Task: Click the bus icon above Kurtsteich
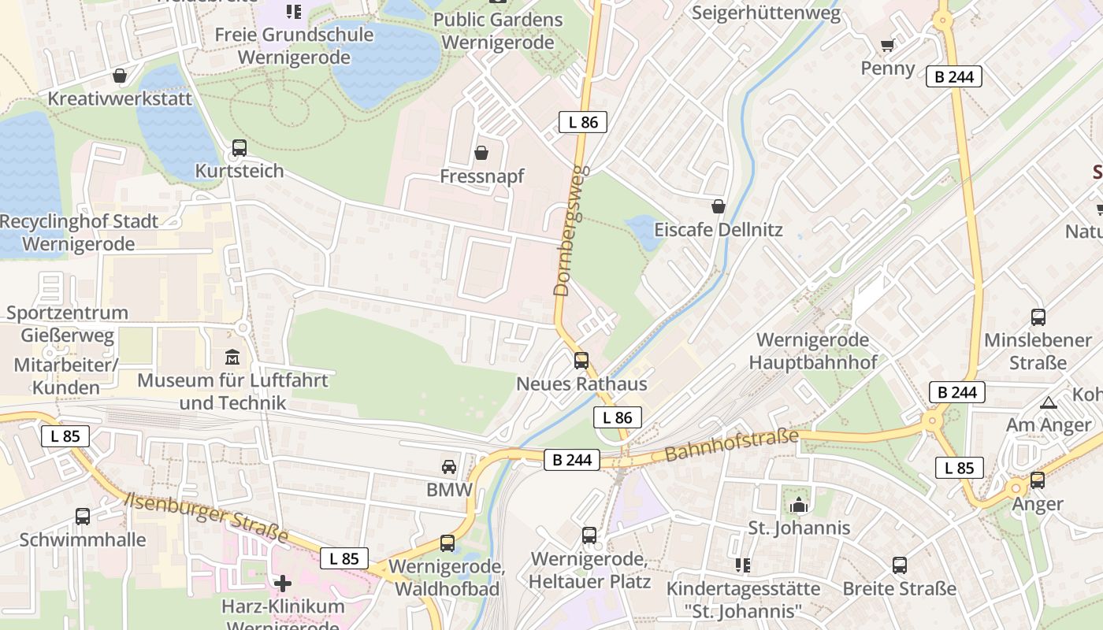pyautogui.click(x=240, y=148)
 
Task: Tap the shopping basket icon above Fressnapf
pyautogui.click(x=481, y=153)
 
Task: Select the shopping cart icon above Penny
pyautogui.click(x=888, y=45)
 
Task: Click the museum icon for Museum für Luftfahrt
pyautogui.click(x=232, y=358)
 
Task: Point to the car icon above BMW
pyautogui.click(x=449, y=466)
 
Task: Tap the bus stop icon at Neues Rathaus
pyautogui.click(x=581, y=361)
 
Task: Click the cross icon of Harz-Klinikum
pyautogui.click(x=283, y=584)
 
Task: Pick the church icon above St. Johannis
pyautogui.click(x=799, y=505)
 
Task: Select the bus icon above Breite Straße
pyautogui.click(x=900, y=565)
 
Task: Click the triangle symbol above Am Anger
pyautogui.click(x=1049, y=402)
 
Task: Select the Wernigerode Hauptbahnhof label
pyautogui.click(x=812, y=351)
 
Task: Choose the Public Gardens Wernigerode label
pyautogui.click(x=498, y=31)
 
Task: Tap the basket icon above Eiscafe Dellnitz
pyautogui.click(x=719, y=206)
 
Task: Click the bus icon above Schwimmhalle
pyautogui.click(x=83, y=517)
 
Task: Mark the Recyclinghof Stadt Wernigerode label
pyautogui.click(x=79, y=232)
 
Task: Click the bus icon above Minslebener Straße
pyautogui.click(x=1038, y=317)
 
